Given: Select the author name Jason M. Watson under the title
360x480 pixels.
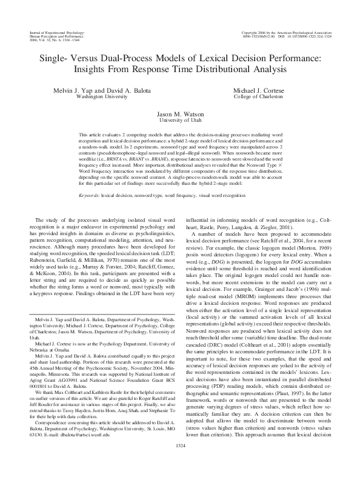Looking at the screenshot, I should pyautogui.click(x=179, y=113).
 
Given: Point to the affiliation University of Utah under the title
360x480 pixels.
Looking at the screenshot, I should pyautogui.click(x=179, y=120).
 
